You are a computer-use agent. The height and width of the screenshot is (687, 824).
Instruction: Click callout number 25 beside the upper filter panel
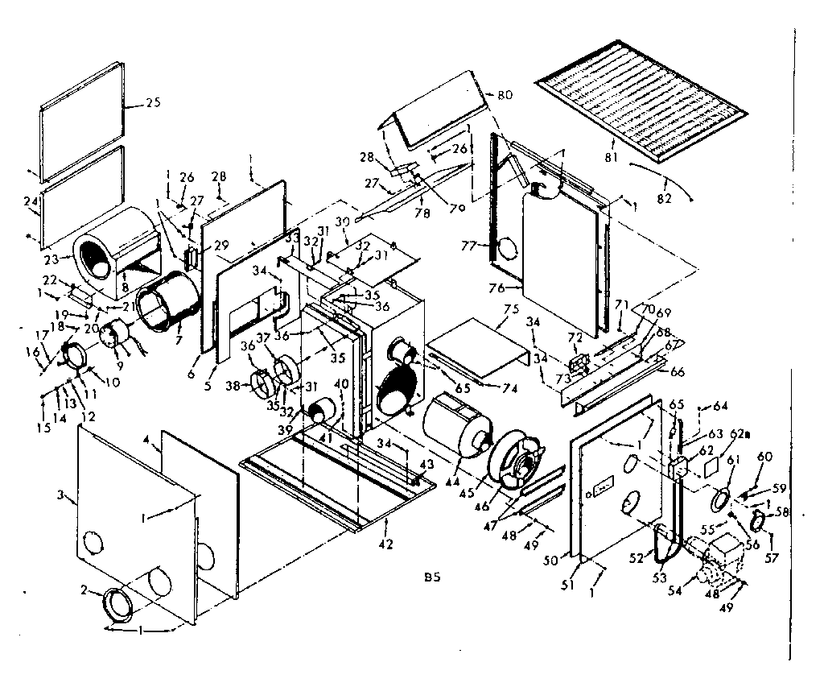[x=154, y=103]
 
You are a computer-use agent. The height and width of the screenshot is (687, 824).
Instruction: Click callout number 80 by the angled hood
[x=505, y=95]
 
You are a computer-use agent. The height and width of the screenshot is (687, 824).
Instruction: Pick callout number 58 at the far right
[x=781, y=513]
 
